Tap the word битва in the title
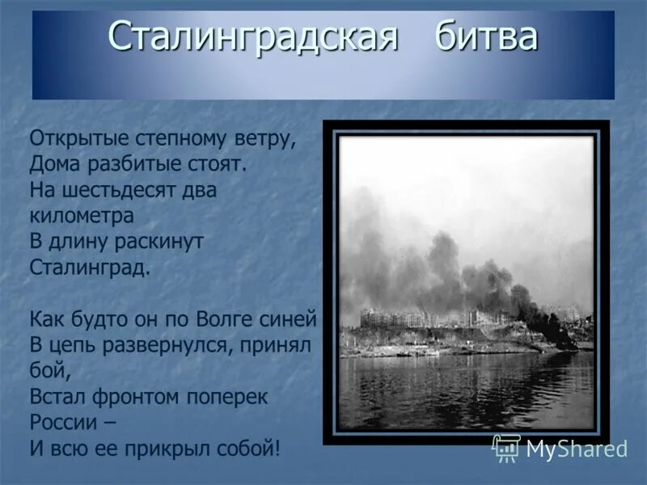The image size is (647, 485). point(485,37)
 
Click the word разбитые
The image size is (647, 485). point(135,164)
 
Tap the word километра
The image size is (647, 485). point(81,216)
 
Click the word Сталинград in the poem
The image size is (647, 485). point(89,268)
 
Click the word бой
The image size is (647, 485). point(46,371)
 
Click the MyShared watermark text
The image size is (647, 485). point(577,449)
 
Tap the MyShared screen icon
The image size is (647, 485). point(506,447)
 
